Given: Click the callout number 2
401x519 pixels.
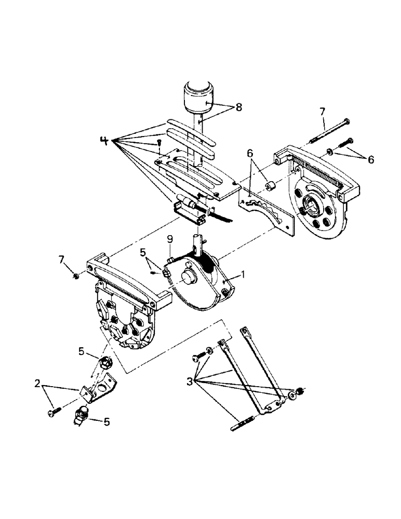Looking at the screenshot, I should (x=37, y=384).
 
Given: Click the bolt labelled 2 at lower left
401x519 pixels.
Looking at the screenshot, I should (x=53, y=412).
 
